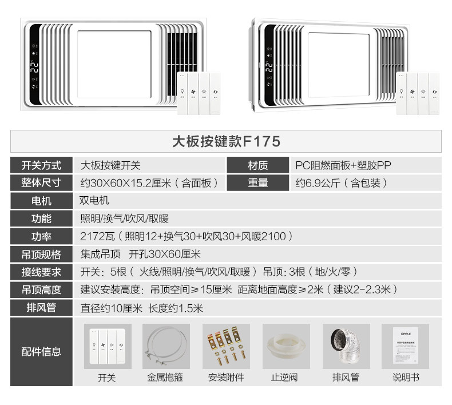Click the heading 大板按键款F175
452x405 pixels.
(x=226, y=141)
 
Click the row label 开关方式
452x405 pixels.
(x=41, y=166)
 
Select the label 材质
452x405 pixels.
(x=257, y=166)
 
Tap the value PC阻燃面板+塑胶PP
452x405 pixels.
(x=343, y=166)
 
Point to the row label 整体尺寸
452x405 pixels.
(x=41, y=183)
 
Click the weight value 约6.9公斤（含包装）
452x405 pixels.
(x=342, y=183)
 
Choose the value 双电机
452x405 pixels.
(x=94, y=201)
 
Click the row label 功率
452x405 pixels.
(x=41, y=236)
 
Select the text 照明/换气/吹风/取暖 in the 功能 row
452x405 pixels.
(x=124, y=219)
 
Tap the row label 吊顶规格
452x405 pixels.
(x=41, y=254)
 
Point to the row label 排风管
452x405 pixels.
(x=41, y=307)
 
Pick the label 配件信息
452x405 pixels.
(x=41, y=351)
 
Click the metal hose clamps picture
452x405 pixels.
(x=166, y=347)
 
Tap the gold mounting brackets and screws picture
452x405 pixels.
(x=226, y=347)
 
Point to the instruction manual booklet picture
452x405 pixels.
(x=405, y=346)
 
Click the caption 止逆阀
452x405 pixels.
(x=286, y=378)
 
